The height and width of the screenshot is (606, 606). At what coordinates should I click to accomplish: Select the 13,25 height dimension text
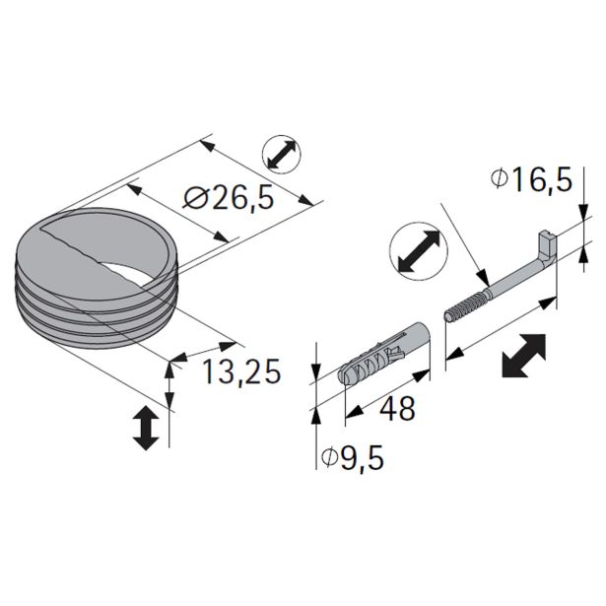pos(241,371)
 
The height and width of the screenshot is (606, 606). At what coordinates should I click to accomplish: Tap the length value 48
pos(396,407)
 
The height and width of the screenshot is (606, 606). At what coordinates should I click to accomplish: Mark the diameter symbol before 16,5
pos(499,179)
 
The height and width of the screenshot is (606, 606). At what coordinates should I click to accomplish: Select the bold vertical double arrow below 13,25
pos(145,428)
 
